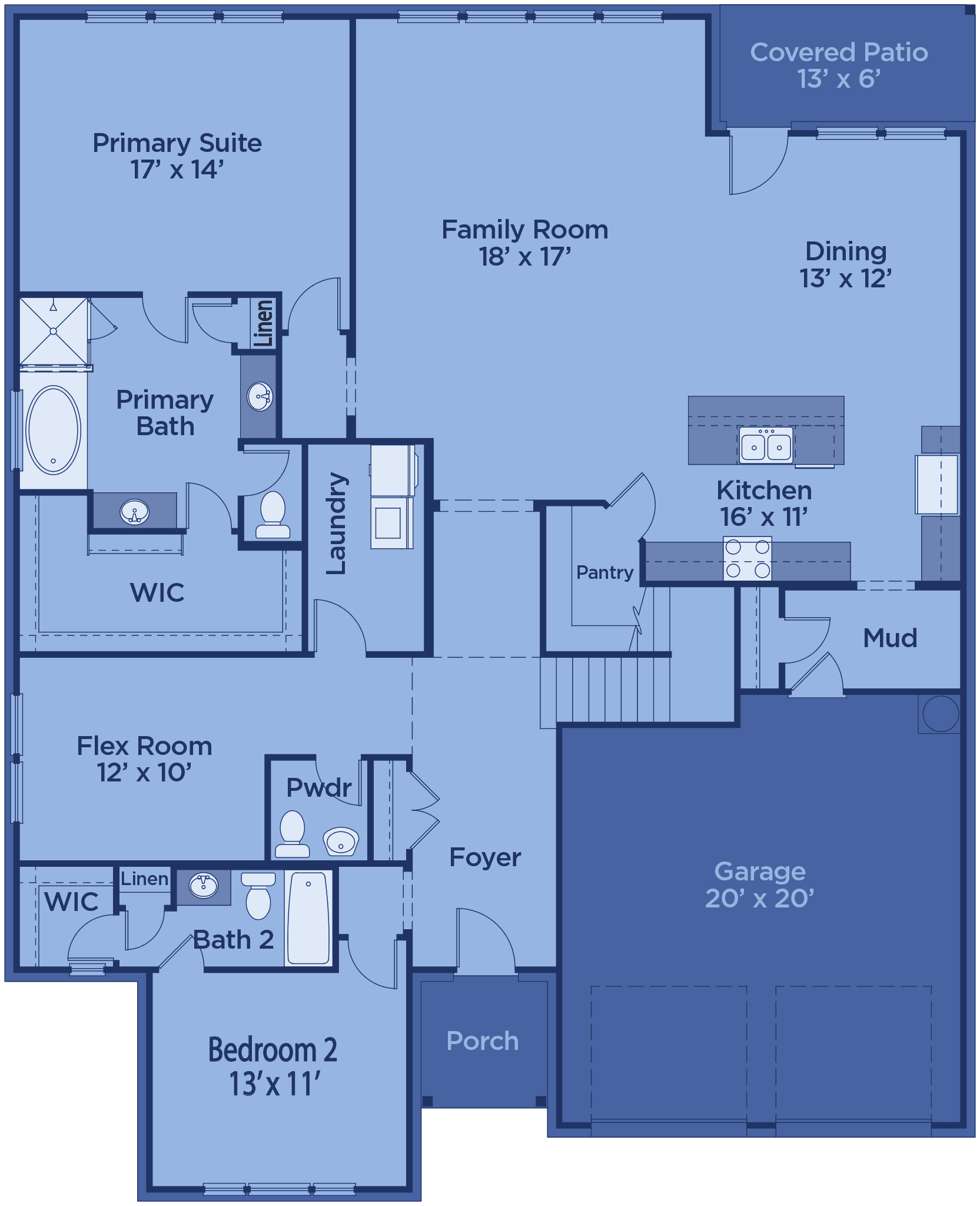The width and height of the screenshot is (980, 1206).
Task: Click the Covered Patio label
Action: tap(839, 52)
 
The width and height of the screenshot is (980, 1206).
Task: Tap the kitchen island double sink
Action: tap(766, 446)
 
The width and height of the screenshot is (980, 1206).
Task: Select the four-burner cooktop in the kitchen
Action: tap(748, 558)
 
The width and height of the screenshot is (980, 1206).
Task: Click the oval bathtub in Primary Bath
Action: tap(53, 430)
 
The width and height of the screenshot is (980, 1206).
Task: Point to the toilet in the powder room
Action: tap(293, 834)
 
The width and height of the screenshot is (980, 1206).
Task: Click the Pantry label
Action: tap(604, 572)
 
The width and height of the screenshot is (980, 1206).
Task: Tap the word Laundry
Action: tap(336, 524)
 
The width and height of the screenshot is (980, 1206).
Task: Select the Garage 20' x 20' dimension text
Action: tap(760, 899)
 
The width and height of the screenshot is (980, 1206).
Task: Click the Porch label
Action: tap(483, 1041)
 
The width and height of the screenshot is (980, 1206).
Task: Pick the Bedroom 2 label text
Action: tap(273, 1051)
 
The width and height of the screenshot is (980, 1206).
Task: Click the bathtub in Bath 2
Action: tap(308, 918)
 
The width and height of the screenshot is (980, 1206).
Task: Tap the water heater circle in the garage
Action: tap(941, 714)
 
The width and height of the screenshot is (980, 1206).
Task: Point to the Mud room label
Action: tap(890, 638)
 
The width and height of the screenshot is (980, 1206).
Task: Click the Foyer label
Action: tap(485, 858)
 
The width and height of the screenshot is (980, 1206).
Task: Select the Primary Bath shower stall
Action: tap(54, 332)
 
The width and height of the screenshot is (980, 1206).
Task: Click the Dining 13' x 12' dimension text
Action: tap(846, 279)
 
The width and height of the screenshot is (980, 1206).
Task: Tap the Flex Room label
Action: tap(144, 746)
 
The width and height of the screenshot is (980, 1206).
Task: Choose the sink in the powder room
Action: tap(341, 841)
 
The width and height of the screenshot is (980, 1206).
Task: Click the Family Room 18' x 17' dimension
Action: tap(524, 257)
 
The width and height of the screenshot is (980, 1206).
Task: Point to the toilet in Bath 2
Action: tap(258, 896)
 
